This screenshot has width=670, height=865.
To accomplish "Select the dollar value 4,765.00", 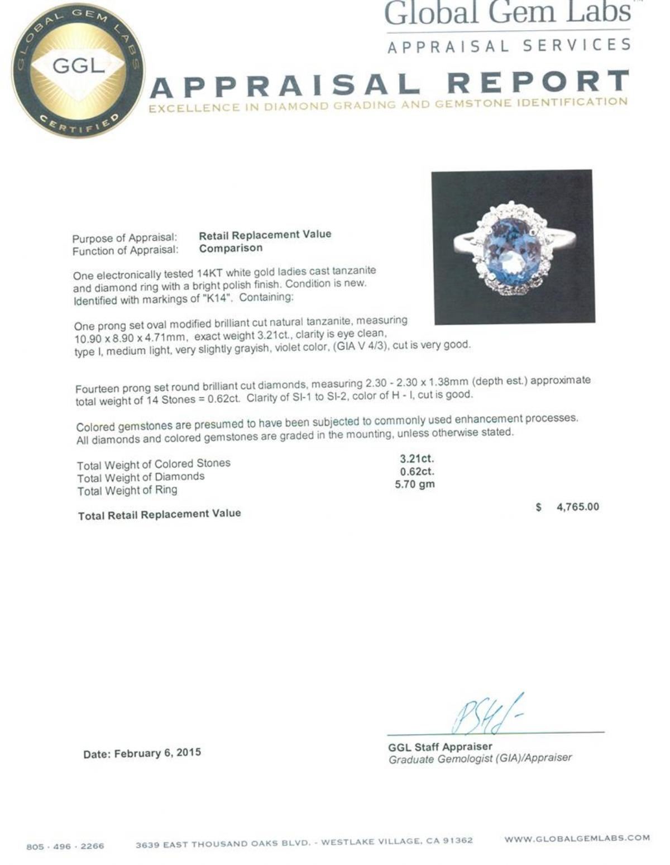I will click(577, 507).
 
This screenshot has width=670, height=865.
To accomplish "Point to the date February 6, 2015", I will click(142, 753).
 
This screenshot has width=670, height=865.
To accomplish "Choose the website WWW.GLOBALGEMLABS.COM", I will click(577, 838).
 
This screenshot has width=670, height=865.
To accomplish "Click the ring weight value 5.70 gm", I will click(414, 484).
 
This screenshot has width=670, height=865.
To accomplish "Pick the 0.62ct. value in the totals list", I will click(417, 472).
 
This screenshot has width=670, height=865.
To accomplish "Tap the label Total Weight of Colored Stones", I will click(154, 464).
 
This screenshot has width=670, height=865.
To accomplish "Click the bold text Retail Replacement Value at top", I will click(265, 235).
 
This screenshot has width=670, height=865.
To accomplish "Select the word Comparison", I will click(231, 248).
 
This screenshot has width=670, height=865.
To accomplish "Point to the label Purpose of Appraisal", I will click(125, 239).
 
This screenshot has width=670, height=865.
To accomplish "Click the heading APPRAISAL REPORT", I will click(390, 84).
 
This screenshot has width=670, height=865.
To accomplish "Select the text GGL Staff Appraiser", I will click(440, 747).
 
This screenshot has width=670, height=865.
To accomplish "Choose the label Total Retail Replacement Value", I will click(160, 515).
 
